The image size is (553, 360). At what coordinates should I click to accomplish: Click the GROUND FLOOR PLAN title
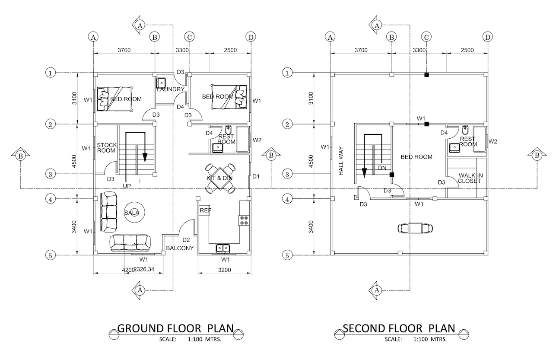pos(175,328)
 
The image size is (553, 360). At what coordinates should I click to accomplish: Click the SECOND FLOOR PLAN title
pos(399,328)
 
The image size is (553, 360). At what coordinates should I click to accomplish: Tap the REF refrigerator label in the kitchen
pos(205,210)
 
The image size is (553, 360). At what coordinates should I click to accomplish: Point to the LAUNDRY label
pos(171,89)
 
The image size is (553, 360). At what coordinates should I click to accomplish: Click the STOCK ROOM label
pos(106,148)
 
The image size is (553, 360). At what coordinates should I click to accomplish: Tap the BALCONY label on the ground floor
pos(180,248)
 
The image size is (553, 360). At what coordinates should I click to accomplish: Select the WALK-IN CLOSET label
pos(469,178)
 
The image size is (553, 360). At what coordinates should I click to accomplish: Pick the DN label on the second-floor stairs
pos(382,168)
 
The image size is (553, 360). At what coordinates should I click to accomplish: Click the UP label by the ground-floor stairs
pos(127,186)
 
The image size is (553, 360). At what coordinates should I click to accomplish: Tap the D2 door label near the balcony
pos(186,240)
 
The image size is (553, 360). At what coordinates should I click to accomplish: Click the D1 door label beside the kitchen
pos(256,176)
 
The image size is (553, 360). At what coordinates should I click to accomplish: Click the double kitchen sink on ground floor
pos(223,248)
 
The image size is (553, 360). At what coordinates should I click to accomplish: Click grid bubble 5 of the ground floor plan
pos(51,255)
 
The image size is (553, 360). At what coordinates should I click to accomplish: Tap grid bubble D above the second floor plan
pos(488,37)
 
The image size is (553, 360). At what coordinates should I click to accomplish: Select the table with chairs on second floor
pos(415,228)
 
